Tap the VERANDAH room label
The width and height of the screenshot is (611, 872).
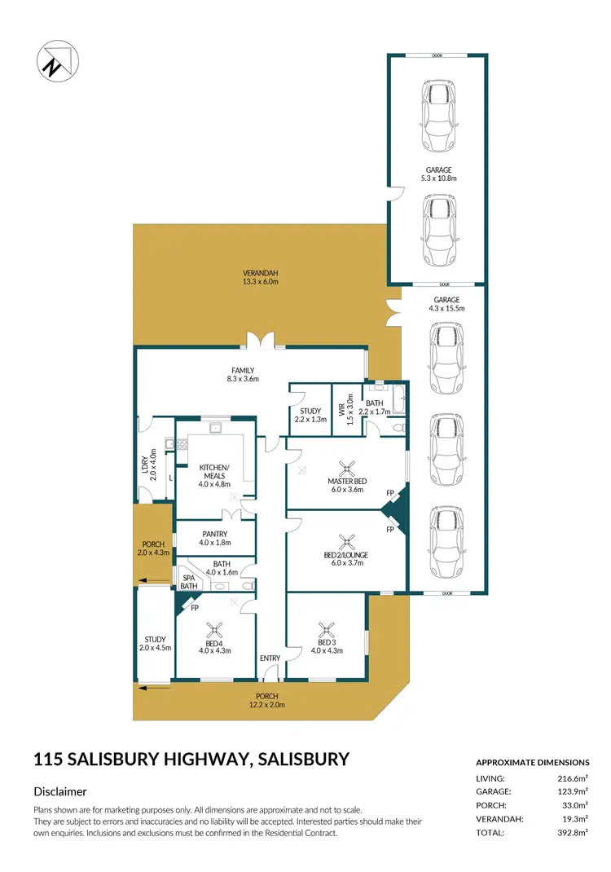[x=260, y=277]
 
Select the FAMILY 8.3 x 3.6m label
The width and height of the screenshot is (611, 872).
[x=243, y=375]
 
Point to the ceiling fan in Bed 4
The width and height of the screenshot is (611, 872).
[x=216, y=628]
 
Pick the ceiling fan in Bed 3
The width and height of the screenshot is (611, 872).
[x=327, y=628]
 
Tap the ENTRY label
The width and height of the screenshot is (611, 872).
[x=270, y=658]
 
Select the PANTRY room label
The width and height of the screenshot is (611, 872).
[x=215, y=539]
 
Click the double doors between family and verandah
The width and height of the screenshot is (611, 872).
[x=262, y=341]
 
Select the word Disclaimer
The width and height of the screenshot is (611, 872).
[x=60, y=791]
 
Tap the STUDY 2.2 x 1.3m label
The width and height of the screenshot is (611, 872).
[x=310, y=415]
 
